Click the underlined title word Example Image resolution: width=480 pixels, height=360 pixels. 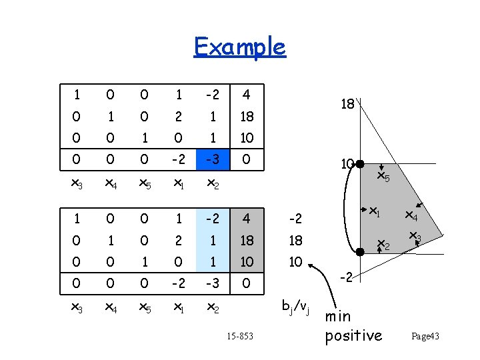[x=239, y=47]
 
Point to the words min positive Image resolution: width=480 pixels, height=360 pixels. [x=353, y=325]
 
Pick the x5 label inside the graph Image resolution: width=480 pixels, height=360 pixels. [x=383, y=177]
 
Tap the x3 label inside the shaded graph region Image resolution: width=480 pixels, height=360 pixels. [x=415, y=236]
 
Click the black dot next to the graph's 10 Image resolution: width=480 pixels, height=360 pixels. [x=359, y=163]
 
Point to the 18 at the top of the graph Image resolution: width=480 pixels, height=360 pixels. [x=347, y=104]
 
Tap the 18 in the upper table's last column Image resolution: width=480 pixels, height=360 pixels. [x=247, y=116]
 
